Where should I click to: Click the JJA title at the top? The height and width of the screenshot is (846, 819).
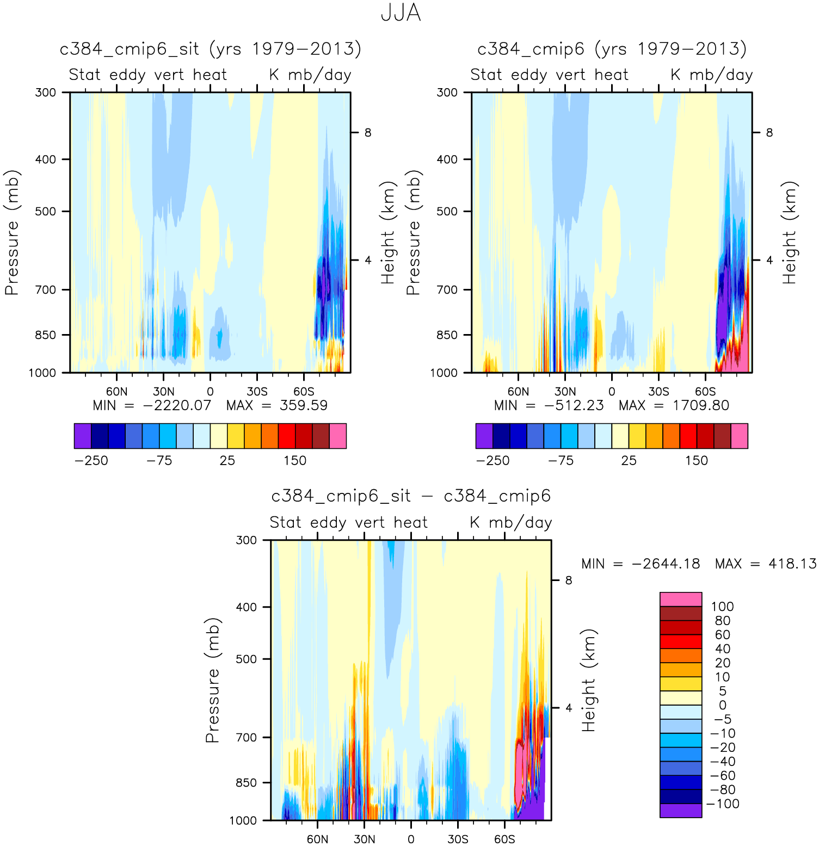401,13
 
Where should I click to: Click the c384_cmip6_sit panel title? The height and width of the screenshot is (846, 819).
210,49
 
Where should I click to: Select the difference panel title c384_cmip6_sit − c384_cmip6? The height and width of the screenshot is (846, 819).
411,496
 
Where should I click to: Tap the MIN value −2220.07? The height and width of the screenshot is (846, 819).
177,405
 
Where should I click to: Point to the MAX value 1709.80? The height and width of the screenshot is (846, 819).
701,405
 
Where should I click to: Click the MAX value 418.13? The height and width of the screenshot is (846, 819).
792,564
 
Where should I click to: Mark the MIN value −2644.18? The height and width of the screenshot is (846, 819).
666,564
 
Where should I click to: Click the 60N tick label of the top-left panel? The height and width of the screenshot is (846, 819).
116,392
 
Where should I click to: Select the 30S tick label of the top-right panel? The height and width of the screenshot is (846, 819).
658,392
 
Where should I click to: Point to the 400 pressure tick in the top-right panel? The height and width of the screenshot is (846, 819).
447,159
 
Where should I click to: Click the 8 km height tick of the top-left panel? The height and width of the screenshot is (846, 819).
368,133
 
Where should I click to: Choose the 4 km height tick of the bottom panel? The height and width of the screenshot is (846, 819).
569,708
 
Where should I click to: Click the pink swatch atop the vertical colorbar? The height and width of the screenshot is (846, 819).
681,599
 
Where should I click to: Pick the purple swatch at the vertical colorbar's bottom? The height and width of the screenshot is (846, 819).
681,811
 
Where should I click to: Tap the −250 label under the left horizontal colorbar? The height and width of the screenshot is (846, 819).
91,461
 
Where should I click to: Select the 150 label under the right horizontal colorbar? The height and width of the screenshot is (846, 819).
696,461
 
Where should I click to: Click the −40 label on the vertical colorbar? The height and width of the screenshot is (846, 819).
723,762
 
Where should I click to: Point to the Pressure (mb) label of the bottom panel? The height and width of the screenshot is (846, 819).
212,680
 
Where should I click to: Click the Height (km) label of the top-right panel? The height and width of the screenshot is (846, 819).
790,232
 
